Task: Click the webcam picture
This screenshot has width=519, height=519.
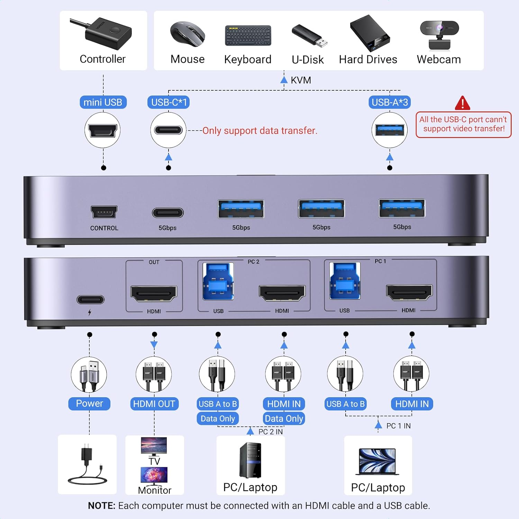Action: coord(439,35)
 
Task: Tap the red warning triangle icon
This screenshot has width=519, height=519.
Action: coord(462,103)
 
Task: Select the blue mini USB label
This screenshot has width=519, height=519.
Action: coord(103,102)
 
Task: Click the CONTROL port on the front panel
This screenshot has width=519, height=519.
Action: coord(104,212)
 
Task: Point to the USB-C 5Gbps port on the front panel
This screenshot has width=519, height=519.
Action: coord(168,212)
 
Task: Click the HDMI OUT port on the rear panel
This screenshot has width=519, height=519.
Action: coord(154,293)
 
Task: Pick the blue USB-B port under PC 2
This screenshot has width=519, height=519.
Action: coord(218,281)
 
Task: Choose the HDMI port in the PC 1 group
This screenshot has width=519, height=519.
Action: coord(409,293)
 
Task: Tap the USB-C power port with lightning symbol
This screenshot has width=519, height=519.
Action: coord(90,300)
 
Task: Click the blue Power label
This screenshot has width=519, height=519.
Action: coord(89,403)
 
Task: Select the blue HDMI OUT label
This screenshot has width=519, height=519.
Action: coord(154,404)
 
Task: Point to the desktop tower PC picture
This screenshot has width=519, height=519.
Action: coord(250,460)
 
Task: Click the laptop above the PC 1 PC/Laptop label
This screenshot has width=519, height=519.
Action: coord(377,462)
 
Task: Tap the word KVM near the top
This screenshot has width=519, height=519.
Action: coord(301,80)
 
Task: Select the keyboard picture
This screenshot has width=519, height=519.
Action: coord(248,35)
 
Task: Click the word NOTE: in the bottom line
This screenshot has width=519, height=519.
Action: coord(101,506)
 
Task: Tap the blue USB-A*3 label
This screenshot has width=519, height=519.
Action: coord(390,102)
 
